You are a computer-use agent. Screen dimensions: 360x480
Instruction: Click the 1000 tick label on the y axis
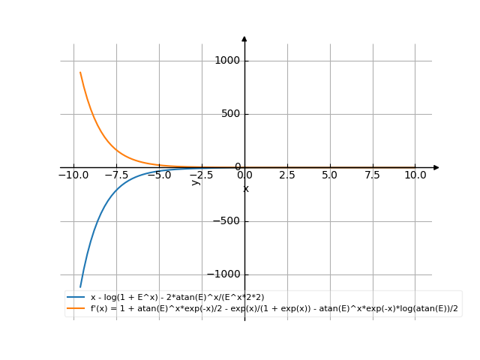226,61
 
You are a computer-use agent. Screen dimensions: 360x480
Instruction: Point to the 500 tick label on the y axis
229,114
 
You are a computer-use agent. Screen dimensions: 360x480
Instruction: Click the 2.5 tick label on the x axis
287,175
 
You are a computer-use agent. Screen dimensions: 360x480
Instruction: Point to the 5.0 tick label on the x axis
330,175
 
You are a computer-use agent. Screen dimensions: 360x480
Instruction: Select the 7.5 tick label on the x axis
373,175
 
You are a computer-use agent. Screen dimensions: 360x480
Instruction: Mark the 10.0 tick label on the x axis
415,175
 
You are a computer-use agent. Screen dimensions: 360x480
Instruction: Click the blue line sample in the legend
76,298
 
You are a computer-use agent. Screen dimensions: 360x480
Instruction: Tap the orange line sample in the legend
76,308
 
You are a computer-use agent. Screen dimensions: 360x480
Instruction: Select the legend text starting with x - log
177,298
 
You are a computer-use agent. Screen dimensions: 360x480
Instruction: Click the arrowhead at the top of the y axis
244,38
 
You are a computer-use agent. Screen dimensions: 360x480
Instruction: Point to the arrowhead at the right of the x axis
436,167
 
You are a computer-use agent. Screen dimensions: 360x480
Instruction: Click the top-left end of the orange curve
80,72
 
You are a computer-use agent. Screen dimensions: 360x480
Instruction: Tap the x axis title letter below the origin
245,188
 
